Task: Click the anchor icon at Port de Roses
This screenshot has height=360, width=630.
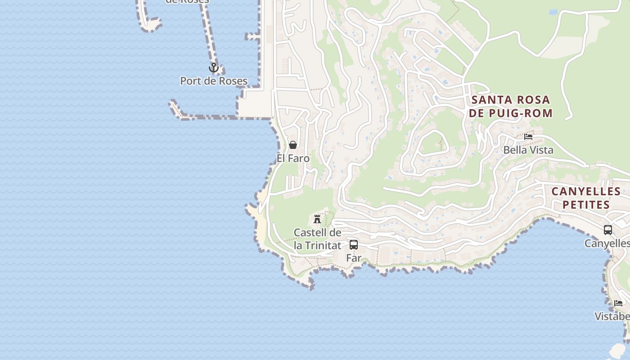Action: click(214, 68)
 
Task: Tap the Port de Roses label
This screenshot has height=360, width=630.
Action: click(214, 81)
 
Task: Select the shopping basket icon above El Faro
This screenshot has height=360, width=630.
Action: click(293, 145)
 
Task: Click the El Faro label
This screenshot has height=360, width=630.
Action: click(293, 158)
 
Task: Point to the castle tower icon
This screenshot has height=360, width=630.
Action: click(317, 219)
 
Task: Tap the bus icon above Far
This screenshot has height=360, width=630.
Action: click(354, 245)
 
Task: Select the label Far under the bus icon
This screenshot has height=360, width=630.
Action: click(354, 258)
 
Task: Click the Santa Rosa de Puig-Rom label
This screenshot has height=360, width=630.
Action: click(510, 106)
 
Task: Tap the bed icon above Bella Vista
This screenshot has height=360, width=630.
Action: click(528, 136)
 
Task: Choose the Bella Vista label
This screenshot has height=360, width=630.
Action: click(528, 150)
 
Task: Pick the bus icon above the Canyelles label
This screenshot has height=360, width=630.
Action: click(608, 230)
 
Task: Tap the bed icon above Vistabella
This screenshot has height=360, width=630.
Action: click(619, 303)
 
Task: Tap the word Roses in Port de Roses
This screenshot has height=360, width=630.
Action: click(230, 81)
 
